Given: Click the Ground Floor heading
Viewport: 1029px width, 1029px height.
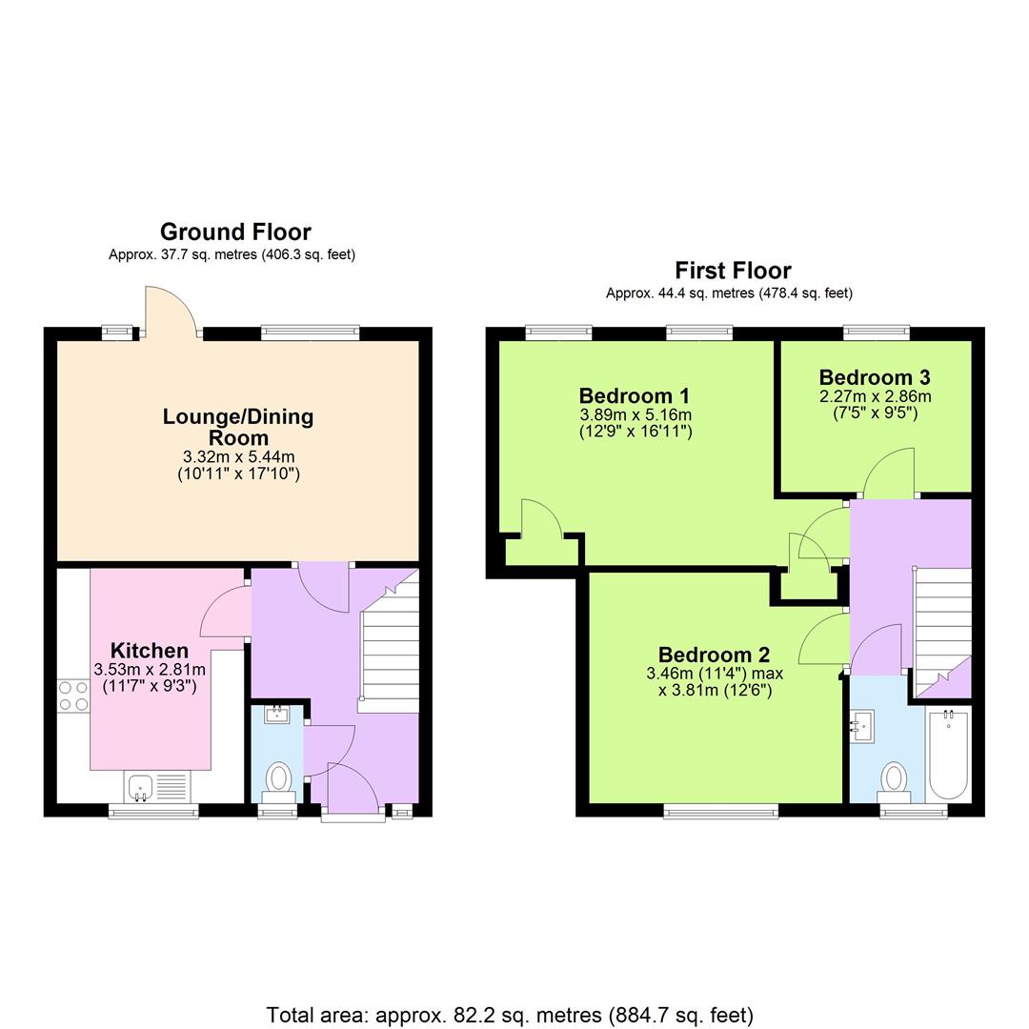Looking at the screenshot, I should coord(234,232).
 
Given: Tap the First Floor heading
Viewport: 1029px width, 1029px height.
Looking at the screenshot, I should coord(733,270).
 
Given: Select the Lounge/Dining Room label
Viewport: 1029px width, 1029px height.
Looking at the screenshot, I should coord(238,427).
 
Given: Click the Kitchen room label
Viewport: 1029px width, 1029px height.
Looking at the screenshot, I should coord(150,651).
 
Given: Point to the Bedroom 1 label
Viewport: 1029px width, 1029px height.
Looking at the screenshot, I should coord(635,395).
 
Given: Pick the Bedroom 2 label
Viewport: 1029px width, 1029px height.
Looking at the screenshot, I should coord(714,655).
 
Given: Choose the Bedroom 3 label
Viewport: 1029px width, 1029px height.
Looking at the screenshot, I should coord(875,376).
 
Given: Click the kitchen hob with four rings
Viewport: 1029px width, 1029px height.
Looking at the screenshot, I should coord(73,696).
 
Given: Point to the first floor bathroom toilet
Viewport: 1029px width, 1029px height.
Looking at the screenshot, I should coord(894,779).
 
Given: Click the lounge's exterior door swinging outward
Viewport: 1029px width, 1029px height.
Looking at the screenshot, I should coord(169,313).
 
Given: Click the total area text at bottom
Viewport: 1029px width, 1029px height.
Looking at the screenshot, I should coord(510,1015).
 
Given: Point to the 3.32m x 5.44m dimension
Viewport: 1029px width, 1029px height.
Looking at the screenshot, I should coord(238,457).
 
